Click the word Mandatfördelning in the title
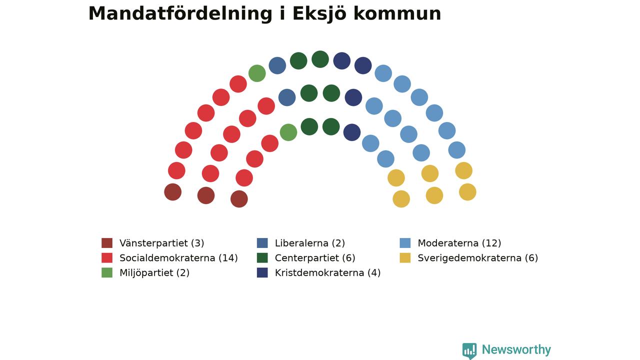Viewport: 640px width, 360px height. tap(180, 13)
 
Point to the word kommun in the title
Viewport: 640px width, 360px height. tap(397, 13)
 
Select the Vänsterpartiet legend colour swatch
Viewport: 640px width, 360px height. tap(107, 243)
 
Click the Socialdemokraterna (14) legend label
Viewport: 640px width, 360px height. tap(178, 258)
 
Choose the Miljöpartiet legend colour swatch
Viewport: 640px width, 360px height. tap(107, 272)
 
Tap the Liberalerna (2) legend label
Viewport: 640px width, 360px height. tap(309, 243)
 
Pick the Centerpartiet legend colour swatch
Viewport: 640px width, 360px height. tap(262, 257)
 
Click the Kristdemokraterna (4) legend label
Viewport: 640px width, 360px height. tap(327, 273)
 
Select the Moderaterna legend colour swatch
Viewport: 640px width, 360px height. tap(405, 243)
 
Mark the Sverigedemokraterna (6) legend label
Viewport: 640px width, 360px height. tap(477, 258)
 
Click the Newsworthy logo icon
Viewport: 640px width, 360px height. tap(469, 351)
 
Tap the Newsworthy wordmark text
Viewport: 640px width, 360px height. tap(516, 349)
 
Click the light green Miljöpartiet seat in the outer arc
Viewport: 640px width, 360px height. tap(257, 73)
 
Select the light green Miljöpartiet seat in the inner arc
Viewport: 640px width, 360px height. tap(288, 132)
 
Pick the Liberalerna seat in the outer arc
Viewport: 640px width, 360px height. tap(277, 65)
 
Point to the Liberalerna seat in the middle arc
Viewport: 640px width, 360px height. tap(287, 97)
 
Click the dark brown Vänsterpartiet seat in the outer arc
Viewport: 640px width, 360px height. tap(172, 192)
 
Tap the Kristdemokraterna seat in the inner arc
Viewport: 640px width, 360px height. tap(351, 132)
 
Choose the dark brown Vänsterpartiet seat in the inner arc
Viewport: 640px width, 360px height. tap(239, 199)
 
